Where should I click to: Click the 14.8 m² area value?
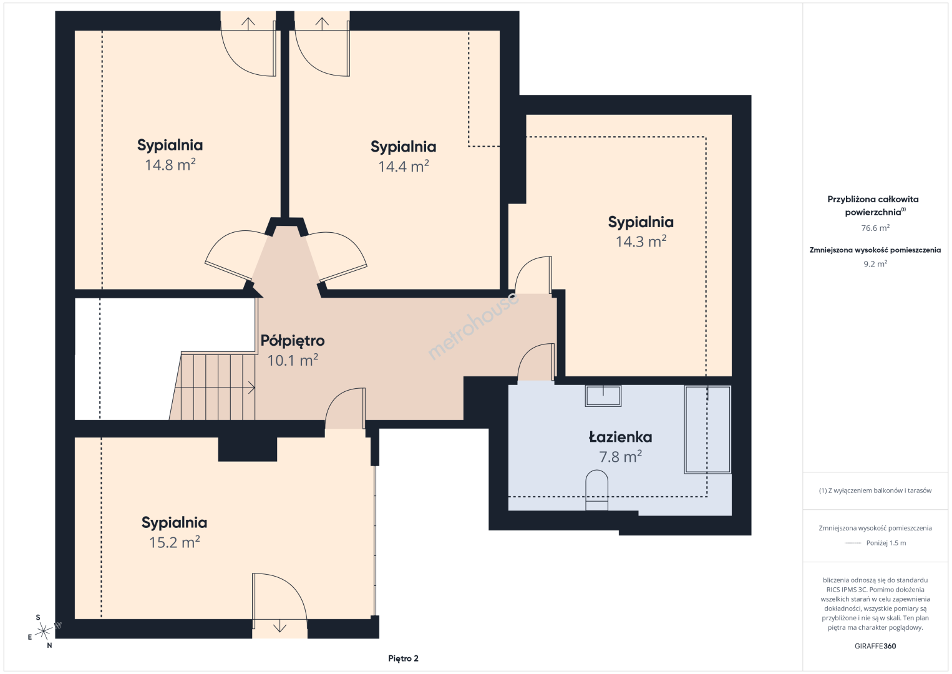[x=170, y=165]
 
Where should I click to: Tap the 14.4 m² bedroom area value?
[x=404, y=166]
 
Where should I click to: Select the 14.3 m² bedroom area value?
[x=641, y=242]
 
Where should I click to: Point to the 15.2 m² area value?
[x=174, y=542]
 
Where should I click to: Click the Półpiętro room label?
[x=293, y=340]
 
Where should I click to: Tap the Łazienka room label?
[x=620, y=437]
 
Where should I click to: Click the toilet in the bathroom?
[x=596, y=490]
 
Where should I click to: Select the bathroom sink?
[x=603, y=396]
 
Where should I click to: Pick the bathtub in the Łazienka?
[x=707, y=429]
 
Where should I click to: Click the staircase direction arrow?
[x=215, y=388]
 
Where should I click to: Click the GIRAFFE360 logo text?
[x=875, y=646]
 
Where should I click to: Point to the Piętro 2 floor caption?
[x=403, y=658]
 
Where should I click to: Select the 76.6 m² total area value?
[x=875, y=228]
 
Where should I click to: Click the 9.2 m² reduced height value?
[x=875, y=263]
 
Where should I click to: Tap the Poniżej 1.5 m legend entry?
[x=886, y=542]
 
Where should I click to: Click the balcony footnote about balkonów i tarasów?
[x=875, y=491]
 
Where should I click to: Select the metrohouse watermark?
[x=473, y=326]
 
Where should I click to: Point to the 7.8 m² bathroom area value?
[x=620, y=457]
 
